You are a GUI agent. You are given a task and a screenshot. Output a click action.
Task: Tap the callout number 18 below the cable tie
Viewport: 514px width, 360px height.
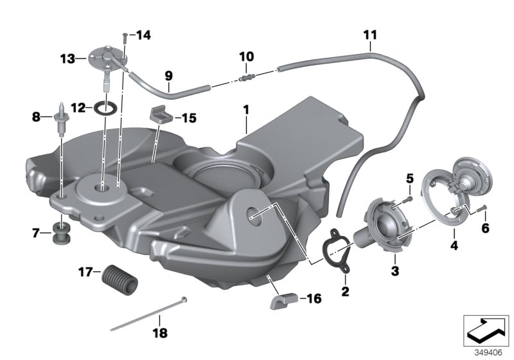tap(159, 333)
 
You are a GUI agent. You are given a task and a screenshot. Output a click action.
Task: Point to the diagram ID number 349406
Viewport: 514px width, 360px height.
tap(488, 352)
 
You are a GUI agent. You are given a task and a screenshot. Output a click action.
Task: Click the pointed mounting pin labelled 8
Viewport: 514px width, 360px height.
tap(62, 118)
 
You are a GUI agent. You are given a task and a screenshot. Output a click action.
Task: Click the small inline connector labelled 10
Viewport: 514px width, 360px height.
tap(245, 79)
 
